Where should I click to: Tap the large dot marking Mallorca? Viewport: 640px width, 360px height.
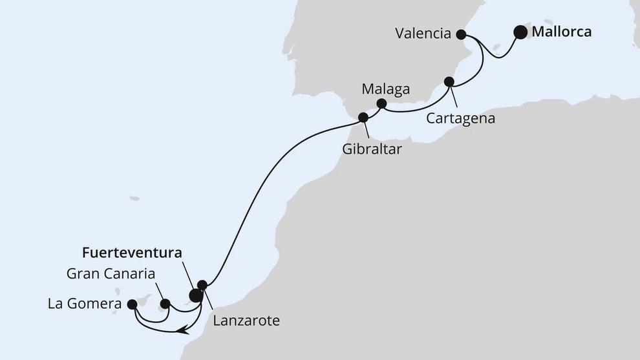(520, 32)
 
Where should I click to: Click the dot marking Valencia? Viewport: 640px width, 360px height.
(461, 34)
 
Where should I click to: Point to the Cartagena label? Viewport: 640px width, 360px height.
(461, 119)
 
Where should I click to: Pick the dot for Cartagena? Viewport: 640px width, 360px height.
(449, 81)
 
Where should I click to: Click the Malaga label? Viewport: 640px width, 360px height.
(386, 89)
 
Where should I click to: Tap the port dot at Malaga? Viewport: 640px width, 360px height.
(381, 103)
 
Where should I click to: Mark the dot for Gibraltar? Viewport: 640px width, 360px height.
(363, 118)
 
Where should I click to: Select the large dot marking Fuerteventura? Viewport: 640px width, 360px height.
(195, 296)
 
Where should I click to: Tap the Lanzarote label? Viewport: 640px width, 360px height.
(245, 320)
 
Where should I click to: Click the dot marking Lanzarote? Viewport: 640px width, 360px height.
(202, 285)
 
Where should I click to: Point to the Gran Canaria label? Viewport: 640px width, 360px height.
(111, 273)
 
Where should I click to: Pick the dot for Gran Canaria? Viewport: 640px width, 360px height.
(165, 303)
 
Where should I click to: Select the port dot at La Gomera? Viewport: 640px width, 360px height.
(133, 303)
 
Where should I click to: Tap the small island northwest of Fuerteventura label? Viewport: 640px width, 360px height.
(134, 198)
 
